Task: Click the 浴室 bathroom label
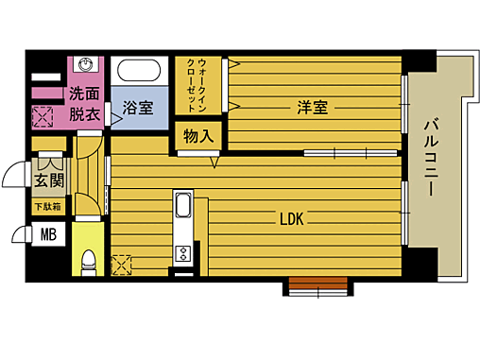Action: (x=139, y=108)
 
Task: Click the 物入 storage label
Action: (x=197, y=136)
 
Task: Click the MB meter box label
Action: (x=46, y=234)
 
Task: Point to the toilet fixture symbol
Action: (x=87, y=259)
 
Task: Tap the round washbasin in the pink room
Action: (x=86, y=67)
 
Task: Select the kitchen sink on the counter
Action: (x=182, y=207)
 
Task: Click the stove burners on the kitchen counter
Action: (x=181, y=252)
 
